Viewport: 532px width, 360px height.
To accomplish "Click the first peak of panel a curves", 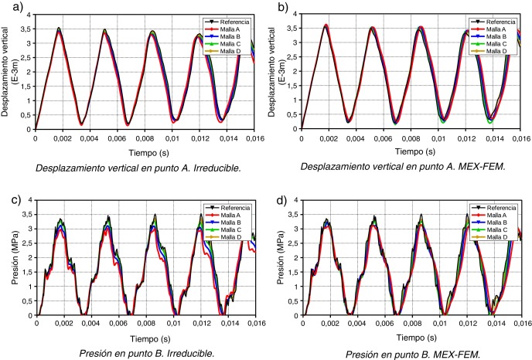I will [59, 29].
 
